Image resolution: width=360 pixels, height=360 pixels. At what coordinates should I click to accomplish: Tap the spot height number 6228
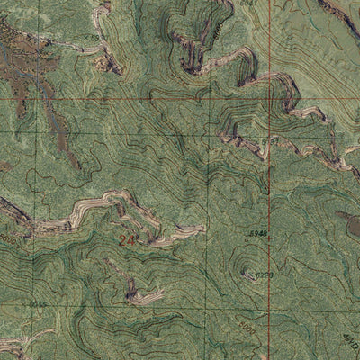coord(264,274)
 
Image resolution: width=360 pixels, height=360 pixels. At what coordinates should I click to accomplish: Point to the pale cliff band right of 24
coord(171,236)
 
